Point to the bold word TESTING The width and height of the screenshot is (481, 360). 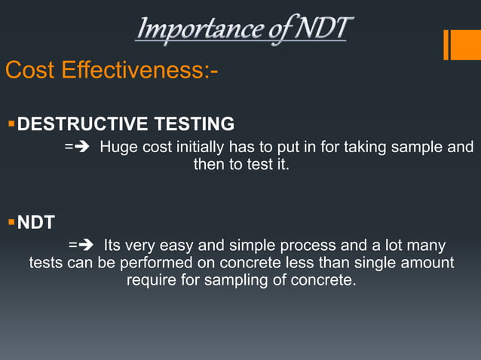click(x=193, y=124)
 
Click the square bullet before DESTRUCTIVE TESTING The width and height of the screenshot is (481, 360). click(x=11, y=123)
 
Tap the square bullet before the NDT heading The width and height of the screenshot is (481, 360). click(x=11, y=222)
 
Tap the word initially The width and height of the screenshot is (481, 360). click(x=200, y=147)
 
